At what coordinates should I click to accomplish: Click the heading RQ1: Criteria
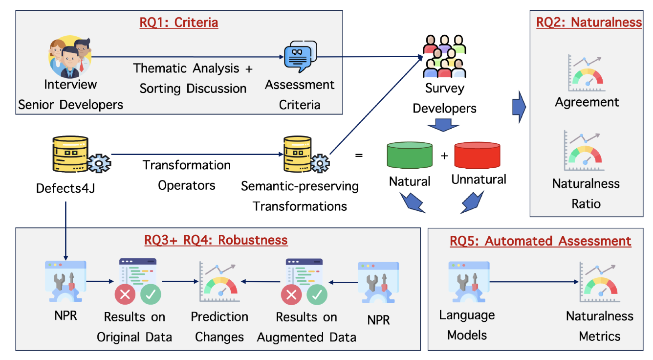[179, 22]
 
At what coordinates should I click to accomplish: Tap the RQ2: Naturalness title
[589, 22]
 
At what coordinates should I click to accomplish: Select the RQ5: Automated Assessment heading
[541, 241]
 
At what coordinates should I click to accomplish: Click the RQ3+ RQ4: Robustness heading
[216, 240]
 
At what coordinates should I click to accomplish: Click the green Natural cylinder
[410, 155]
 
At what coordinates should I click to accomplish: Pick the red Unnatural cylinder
[477, 155]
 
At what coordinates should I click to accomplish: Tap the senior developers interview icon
[70, 57]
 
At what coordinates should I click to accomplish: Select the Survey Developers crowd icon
[444, 56]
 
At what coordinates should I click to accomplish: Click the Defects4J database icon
[81, 155]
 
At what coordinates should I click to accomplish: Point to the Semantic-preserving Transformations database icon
[306, 155]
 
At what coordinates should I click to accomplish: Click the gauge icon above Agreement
[586, 73]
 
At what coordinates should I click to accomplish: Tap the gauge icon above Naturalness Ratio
[584, 151]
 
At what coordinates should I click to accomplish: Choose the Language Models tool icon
[469, 282]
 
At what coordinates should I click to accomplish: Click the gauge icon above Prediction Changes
[219, 282]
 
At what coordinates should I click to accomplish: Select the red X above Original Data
[125, 294]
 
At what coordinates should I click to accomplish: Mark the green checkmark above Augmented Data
[317, 294]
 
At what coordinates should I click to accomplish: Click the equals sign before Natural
[359, 156]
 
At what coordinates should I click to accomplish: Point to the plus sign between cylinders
[444, 156]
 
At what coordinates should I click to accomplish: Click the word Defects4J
[65, 188]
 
